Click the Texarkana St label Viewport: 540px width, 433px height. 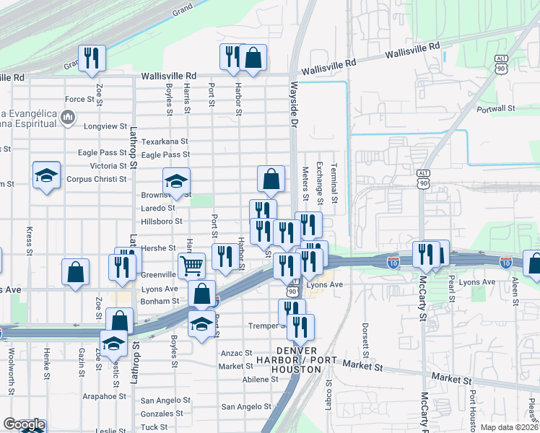coord(165,141)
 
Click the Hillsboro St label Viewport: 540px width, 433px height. coord(162,221)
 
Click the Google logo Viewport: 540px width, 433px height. coord(24,424)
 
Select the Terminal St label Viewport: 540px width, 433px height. coord(334,182)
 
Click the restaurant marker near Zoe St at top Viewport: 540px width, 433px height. coord(92,57)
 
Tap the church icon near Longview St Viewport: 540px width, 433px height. coord(68,116)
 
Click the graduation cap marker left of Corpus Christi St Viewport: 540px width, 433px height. coord(46,175)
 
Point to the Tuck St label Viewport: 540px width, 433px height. coord(154,427)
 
